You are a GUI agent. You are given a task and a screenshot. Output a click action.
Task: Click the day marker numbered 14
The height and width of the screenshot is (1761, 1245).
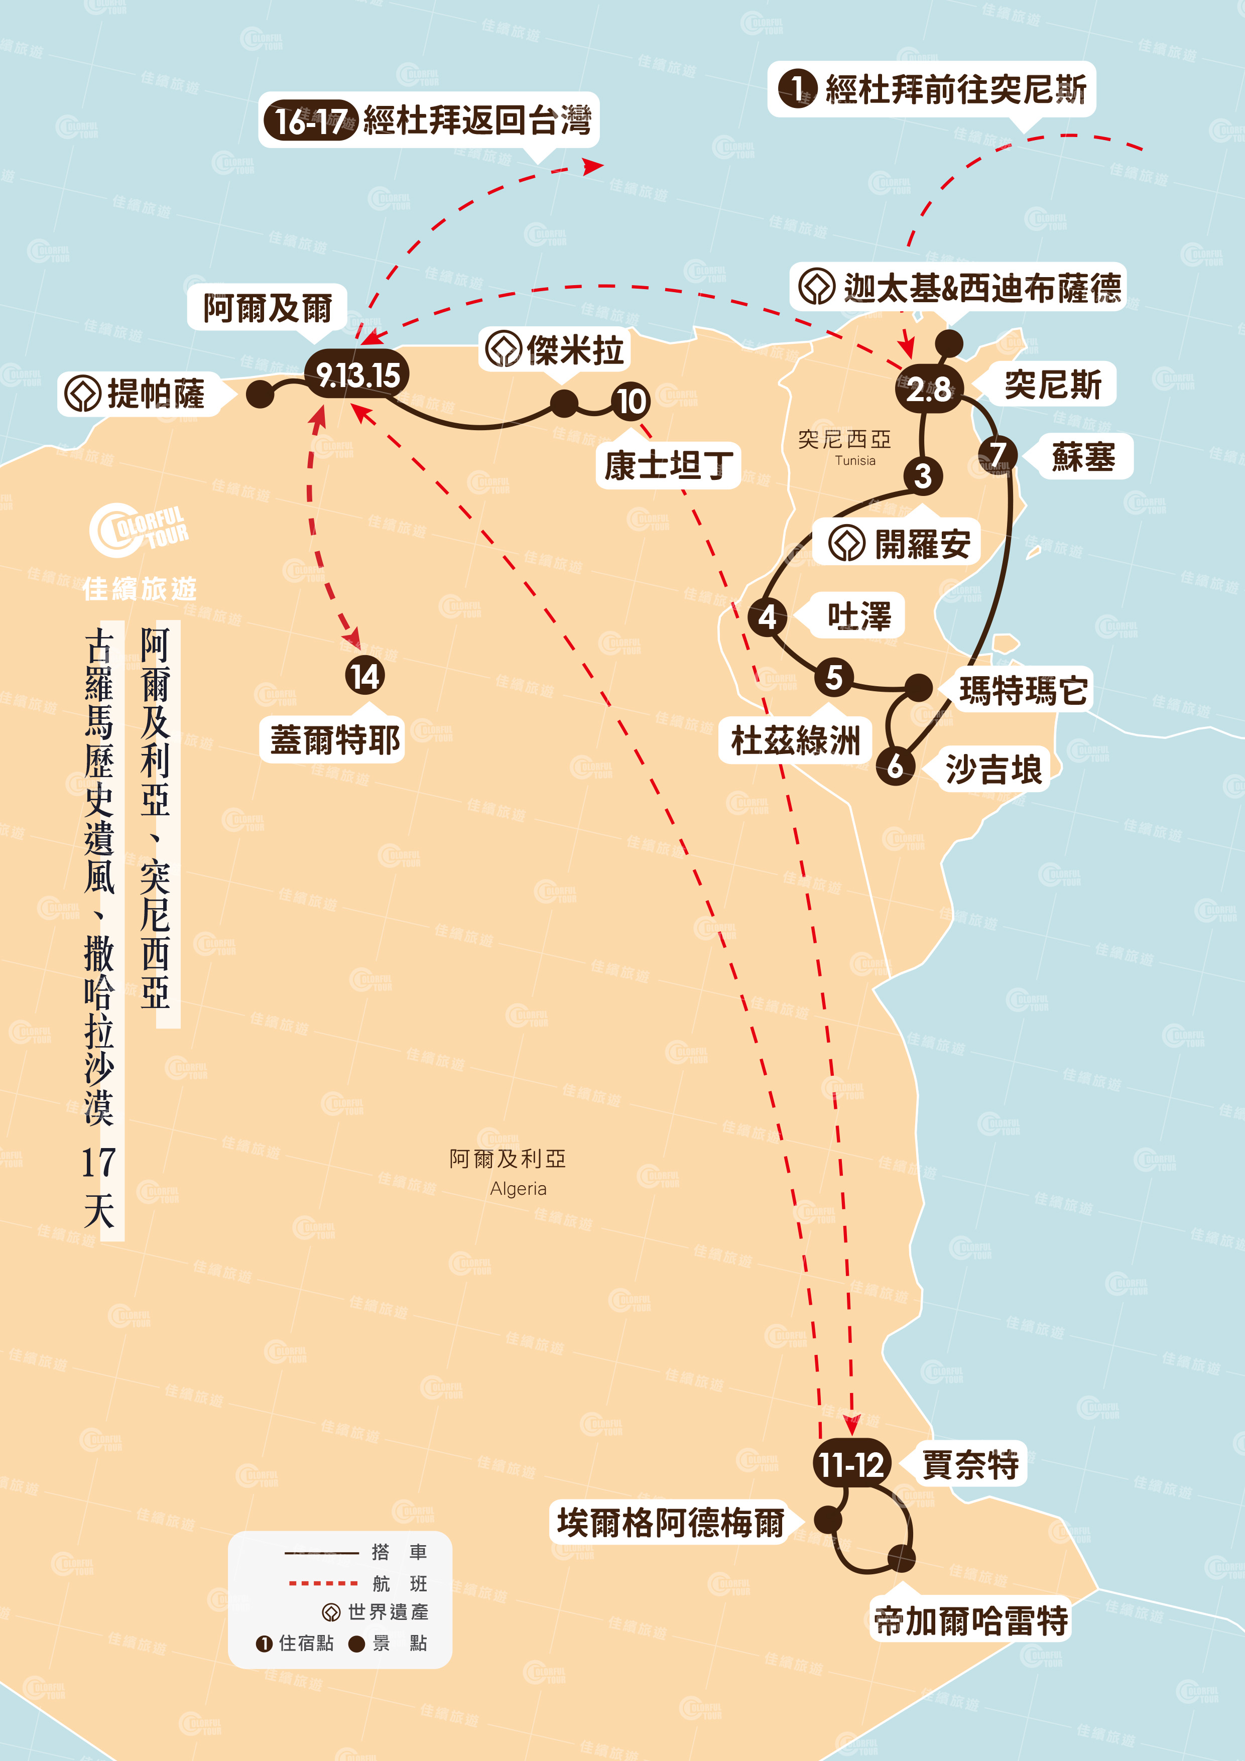point(364,676)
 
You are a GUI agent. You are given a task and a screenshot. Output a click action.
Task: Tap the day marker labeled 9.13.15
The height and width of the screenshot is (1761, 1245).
point(357,375)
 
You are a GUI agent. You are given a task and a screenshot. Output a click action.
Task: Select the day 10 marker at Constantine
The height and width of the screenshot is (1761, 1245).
point(631,401)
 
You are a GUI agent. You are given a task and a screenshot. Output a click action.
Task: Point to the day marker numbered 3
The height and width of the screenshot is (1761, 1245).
point(923,475)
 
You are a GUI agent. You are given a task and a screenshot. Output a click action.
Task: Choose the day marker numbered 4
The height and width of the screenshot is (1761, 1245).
point(767,616)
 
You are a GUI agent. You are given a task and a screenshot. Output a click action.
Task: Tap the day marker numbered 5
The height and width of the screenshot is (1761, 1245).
point(834,677)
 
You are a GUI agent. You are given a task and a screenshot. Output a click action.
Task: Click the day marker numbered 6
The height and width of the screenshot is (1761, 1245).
point(895,766)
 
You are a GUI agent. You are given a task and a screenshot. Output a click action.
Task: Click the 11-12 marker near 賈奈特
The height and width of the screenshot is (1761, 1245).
point(851,1464)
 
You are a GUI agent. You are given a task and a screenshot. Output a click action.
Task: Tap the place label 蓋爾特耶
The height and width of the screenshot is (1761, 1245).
point(334,740)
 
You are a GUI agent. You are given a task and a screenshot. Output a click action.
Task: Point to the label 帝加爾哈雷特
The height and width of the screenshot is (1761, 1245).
point(970,1620)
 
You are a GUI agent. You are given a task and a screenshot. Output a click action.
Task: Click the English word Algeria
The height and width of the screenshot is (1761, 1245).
point(519,1189)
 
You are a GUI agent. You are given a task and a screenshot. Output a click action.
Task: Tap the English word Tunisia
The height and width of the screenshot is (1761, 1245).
point(854,461)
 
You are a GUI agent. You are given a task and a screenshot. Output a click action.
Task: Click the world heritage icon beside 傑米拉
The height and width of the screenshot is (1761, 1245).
point(504,349)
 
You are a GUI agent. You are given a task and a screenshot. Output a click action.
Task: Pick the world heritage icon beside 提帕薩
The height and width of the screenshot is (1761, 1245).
point(82,394)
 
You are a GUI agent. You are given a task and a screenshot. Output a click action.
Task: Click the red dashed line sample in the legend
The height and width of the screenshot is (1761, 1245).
point(323,1583)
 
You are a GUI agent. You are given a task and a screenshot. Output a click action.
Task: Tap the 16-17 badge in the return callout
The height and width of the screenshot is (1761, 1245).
point(309,121)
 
